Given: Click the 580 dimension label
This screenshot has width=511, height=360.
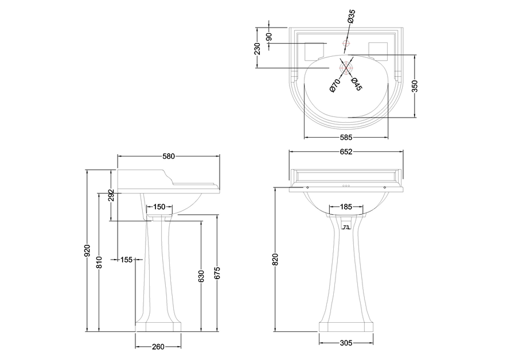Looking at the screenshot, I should [x=169, y=156].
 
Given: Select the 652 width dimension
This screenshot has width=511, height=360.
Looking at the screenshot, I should [x=345, y=152].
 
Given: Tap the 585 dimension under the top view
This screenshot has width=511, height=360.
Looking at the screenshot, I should [x=346, y=138].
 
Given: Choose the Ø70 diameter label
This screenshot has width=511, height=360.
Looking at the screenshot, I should [x=335, y=85].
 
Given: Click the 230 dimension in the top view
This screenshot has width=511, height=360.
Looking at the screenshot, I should [x=258, y=49].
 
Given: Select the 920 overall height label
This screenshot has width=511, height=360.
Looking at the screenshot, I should [x=88, y=250].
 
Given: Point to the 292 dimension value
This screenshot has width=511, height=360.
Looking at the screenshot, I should [x=112, y=195].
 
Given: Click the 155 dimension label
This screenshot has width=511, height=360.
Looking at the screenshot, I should [x=127, y=260].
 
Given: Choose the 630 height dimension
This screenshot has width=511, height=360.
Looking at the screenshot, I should [x=201, y=276].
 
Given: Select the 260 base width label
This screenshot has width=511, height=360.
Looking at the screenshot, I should [x=158, y=346].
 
